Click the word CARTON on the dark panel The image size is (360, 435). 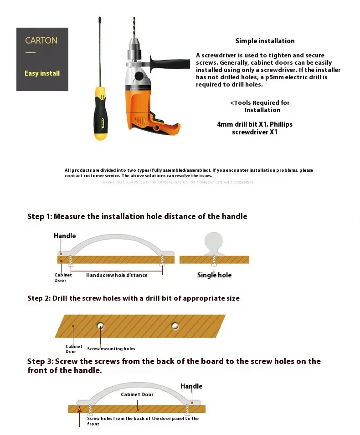pyautogui.click(x=41, y=41)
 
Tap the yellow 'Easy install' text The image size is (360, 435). pyautogui.click(x=42, y=73)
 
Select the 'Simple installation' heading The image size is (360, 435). pyautogui.click(x=265, y=41)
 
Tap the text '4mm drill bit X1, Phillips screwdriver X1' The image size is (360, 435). pyautogui.click(x=255, y=128)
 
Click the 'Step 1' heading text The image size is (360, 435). pyautogui.click(x=137, y=216)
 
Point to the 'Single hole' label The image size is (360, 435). pyautogui.click(x=214, y=275)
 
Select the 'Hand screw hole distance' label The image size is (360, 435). pyautogui.click(x=117, y=275)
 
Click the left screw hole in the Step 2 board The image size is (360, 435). pyautogui.click(x=100, y=326)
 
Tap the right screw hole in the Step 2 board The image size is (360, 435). pyautogui.click(x=175, y=326)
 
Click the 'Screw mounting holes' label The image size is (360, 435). pyautogui.click(x=111, y=349)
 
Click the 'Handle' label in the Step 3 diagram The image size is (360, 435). pyautogui.click(x=191, y=386)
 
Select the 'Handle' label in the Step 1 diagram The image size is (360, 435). pyautogui.click(x=65, y=236)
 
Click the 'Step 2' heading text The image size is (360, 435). pyautogui.click(x=133, y=298)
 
